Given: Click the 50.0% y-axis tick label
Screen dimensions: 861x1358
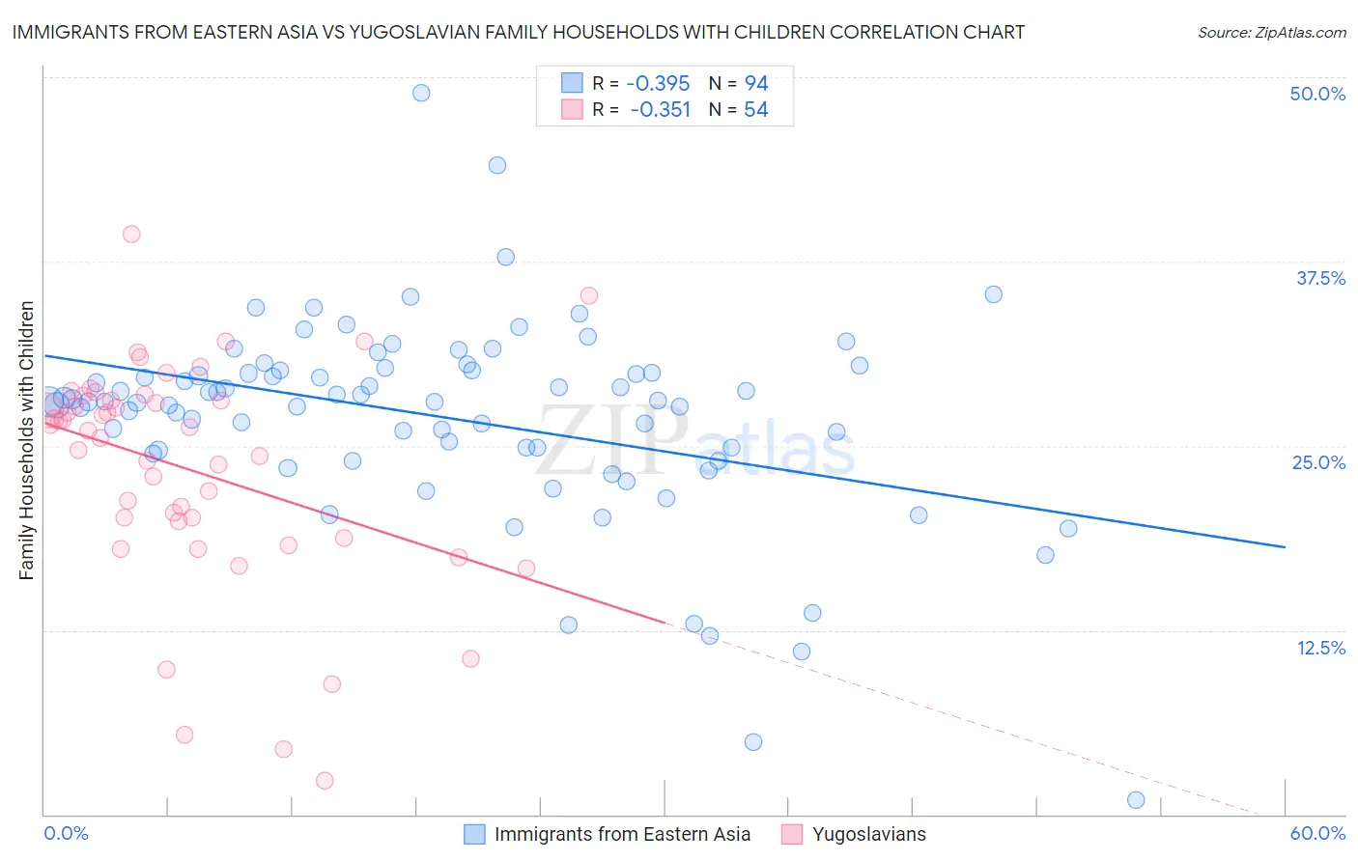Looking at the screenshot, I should pos(1317,94).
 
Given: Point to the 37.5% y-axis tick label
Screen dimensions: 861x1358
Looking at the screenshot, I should pos(1320,278).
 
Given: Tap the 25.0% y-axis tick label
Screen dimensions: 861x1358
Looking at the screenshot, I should pos(1318,462).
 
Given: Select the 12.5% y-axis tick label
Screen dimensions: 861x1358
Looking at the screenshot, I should pos(1320,648).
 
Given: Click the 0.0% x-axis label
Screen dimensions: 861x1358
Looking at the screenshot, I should pos(66,833).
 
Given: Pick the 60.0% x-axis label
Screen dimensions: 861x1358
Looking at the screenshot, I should pos(1317,833).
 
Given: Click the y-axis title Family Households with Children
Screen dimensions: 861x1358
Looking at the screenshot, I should pos(27,440).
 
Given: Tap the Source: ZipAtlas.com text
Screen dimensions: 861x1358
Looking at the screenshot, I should pos(1271,32).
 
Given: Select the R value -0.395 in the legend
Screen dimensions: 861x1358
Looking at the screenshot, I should pos(657,84).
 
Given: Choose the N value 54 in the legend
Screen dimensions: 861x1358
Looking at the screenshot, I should pos(755,110).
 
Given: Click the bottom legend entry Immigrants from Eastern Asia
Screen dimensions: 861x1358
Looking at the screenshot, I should pos(622,834).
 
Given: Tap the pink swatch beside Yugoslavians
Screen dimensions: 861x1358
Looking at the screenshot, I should pos(792,834).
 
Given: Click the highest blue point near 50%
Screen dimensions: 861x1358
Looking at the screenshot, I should pos(421,93).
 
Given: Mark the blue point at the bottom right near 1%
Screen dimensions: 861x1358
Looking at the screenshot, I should pos(1136,800).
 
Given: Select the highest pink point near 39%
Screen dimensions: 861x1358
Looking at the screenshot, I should pos(131,234).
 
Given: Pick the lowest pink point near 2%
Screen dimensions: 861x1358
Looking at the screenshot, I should pos(325,781).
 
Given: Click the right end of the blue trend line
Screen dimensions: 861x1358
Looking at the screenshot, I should pos(1285,547).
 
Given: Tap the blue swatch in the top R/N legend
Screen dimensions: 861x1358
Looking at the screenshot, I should pos(573,83).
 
